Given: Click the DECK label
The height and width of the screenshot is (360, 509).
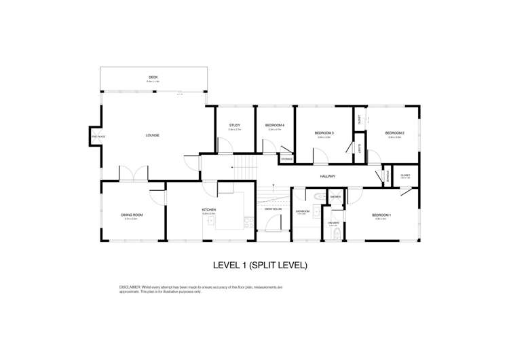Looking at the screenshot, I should tap(153, 78).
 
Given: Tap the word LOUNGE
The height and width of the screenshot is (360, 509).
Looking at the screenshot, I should tap(152, 136).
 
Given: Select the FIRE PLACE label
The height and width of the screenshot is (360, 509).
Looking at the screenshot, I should tap(94, 137).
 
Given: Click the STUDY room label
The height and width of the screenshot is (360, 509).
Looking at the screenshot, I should tap(235, 125).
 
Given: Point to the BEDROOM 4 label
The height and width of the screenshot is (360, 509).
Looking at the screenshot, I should tap(274, 125).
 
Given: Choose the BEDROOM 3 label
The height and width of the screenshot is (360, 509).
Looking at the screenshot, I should tap(324, 132).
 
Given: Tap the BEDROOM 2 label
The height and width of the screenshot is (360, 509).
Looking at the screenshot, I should tap(394, 132).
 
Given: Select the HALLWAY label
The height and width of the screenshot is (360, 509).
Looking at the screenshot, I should tap(328, 177).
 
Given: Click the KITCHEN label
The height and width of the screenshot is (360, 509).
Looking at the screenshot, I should tap(208, 209).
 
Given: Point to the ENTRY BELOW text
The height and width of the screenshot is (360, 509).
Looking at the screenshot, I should tap(273, 209).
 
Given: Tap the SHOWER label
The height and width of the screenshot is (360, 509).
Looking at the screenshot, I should tap(335, 197).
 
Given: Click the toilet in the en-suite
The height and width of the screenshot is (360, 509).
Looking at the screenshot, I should tap(338, 234).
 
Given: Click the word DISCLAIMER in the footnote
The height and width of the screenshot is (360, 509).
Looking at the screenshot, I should tap(131, 287).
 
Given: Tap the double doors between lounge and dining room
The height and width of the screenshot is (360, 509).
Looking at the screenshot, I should tap(133, 175).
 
